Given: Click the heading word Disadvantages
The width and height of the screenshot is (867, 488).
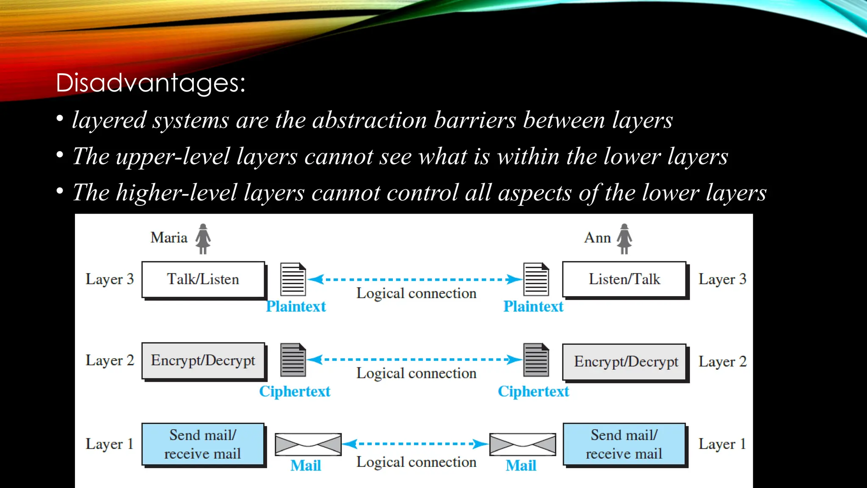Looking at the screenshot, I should (150, 82).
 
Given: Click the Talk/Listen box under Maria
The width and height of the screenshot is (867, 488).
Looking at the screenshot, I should (203, 280).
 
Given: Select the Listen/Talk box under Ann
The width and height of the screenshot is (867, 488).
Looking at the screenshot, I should (624, 280).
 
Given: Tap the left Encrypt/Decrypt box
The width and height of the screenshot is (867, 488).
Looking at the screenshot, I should (203, 360).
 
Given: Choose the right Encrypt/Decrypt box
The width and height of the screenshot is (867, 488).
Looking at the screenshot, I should (624, 362).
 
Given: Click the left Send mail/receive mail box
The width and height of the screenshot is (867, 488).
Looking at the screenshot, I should (203, 444).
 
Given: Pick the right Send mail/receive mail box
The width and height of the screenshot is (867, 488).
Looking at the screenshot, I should (624, 444).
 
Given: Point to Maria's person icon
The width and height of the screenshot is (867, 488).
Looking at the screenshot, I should (203, 238).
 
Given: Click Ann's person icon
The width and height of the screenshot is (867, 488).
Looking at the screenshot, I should (624, 238).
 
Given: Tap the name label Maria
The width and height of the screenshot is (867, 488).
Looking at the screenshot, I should (169, 238).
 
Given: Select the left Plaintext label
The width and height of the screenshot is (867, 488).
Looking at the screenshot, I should (296, 306).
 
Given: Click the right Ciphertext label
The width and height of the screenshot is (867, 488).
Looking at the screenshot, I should (533, 391).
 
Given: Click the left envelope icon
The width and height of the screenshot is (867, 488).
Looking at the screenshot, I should (308, 444).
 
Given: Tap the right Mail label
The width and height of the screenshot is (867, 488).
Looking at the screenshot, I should (521, 466).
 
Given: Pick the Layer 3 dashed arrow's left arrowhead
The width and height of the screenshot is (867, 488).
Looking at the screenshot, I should (316, 280).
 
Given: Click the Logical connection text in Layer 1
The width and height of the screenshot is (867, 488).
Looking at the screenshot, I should (416, 462).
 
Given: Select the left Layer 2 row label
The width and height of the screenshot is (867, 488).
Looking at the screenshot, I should (110, 360).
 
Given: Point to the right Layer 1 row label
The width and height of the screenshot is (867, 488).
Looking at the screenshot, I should (722, 444).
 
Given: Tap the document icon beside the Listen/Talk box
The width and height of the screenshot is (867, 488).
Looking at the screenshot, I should (536, 279).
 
